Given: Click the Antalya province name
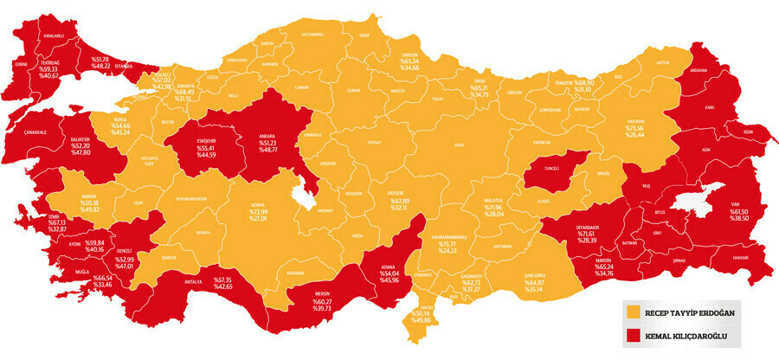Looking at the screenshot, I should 193,280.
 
